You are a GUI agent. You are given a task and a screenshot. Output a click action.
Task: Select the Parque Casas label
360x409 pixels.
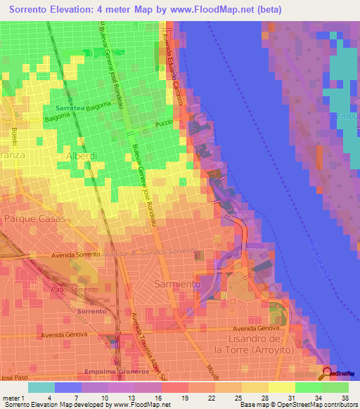pos(34,219)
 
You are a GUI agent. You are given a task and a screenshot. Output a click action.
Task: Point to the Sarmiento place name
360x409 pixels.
pos(176,283)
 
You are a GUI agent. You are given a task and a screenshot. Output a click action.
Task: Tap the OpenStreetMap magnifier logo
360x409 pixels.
pos(328,372)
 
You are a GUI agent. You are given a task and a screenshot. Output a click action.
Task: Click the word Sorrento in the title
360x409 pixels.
pos(32,10)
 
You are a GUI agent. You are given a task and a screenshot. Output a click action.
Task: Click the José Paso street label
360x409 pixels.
pos(10,377)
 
